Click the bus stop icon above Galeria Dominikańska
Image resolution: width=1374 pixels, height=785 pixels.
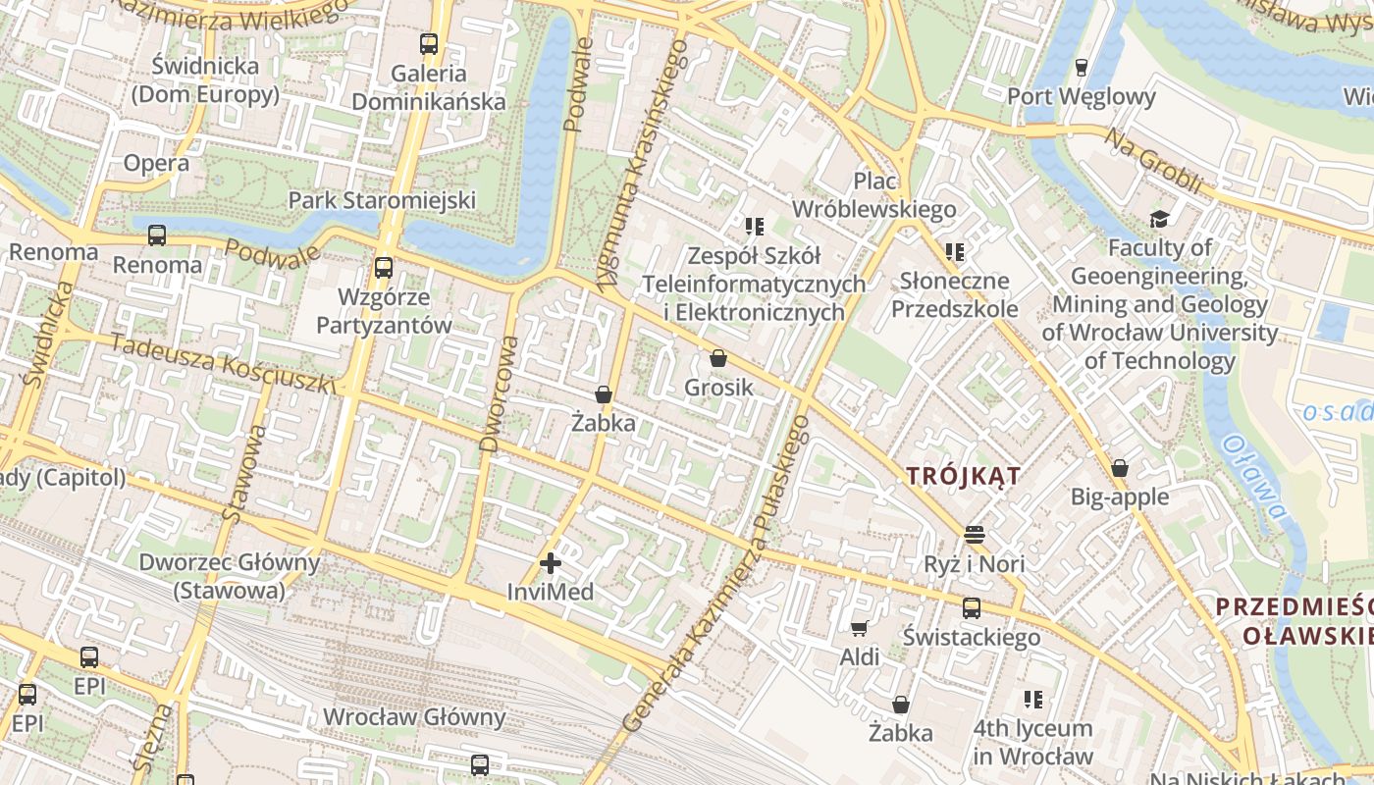429,44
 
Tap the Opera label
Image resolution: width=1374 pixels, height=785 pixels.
156,164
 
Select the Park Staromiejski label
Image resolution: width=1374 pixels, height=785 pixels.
382,200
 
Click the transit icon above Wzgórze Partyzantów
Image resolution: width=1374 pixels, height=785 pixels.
384,268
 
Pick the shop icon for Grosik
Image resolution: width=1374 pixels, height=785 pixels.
718,359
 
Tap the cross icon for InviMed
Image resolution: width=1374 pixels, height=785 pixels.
551,563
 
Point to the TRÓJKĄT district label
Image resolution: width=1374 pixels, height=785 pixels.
963,476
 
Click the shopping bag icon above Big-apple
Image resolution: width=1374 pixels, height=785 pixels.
1120,468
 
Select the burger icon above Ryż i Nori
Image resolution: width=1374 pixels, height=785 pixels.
974,535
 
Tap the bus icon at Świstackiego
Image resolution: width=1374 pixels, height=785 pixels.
972,608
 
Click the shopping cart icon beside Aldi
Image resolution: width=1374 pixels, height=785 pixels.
860,628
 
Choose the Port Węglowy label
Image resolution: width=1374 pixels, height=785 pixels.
1082,97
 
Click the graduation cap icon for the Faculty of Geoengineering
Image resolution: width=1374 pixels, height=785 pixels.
1160,219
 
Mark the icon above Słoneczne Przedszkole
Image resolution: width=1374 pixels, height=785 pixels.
955,252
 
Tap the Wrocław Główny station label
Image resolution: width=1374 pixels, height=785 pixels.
414,717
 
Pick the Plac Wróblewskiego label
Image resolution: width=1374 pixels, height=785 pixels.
873,195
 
